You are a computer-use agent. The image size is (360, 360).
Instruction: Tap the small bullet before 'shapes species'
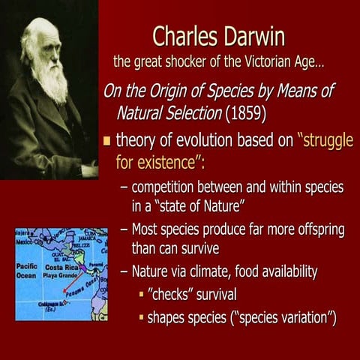click(x=140, y=317)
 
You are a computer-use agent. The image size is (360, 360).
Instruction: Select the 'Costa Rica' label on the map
click(x=63, y=267)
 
